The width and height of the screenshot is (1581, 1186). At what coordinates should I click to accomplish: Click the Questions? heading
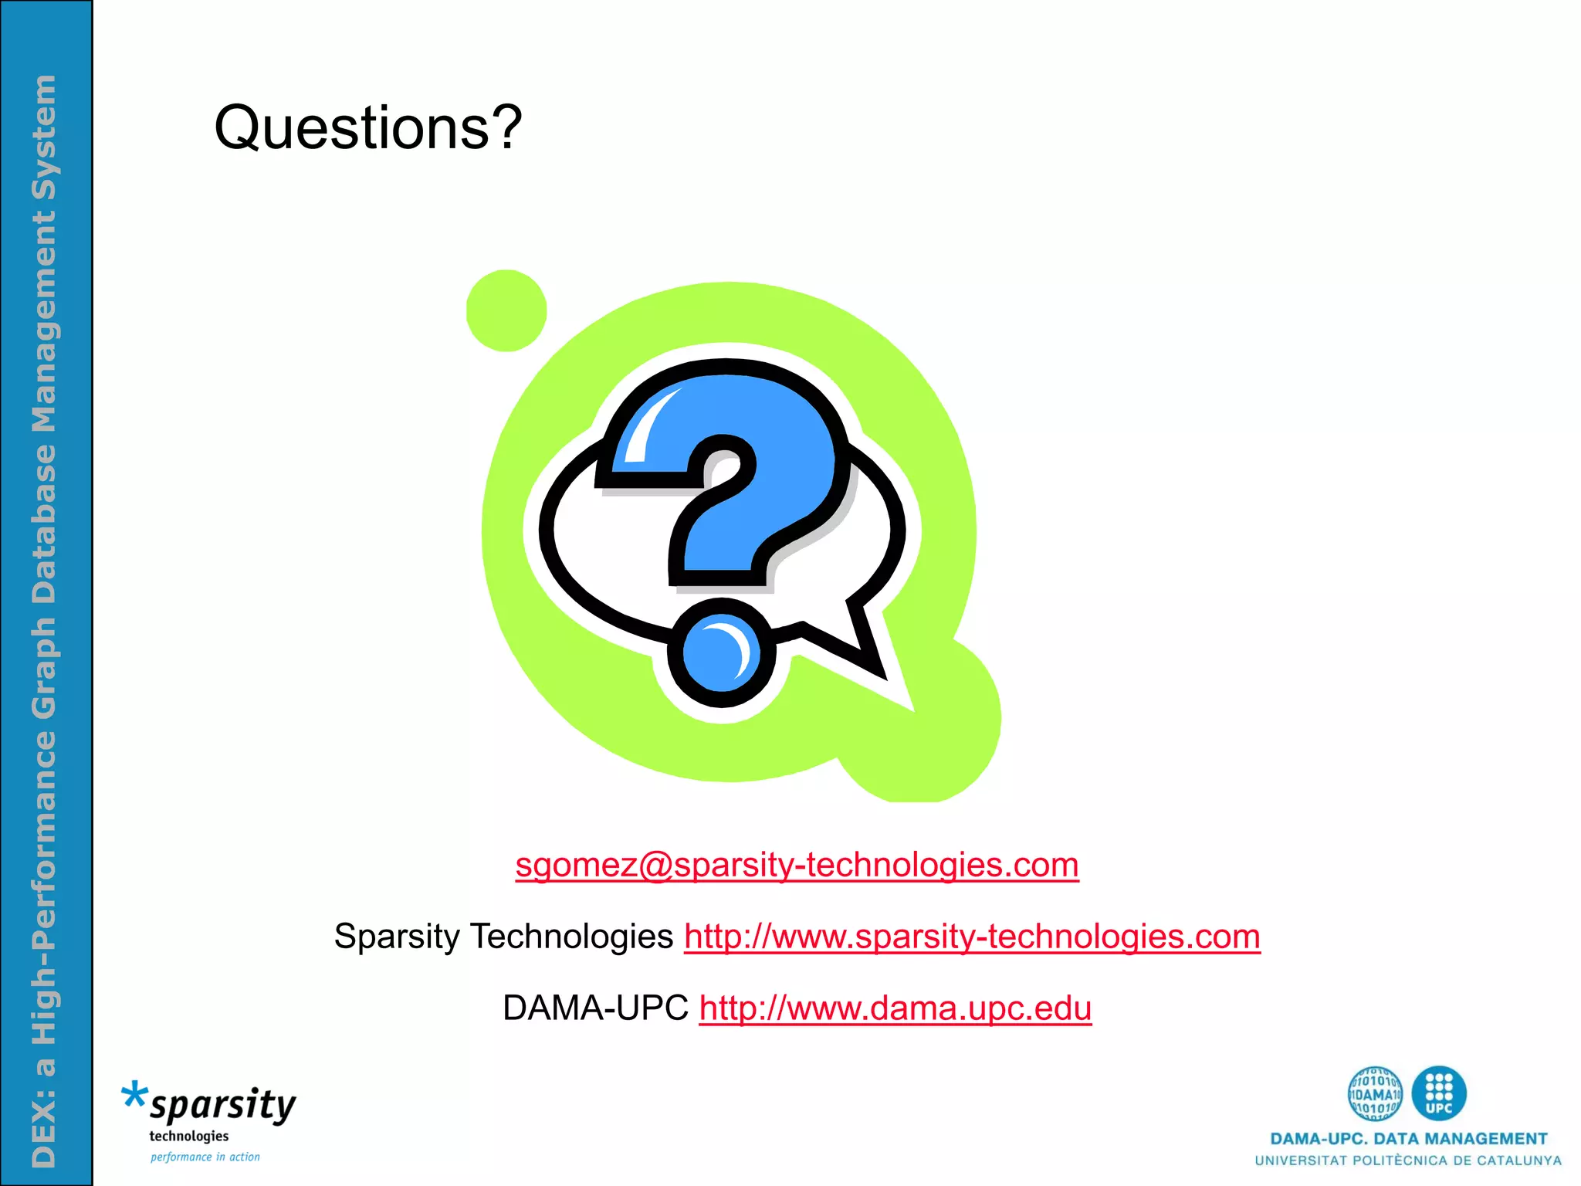click(x=368, y=128)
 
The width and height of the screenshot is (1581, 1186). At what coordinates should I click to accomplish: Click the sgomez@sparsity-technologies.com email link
click(x=797, y=865)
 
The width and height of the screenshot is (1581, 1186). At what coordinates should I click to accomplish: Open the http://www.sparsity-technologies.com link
click(x=972, y=937)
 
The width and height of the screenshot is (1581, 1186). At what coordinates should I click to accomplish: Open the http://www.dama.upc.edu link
click(x=895, y=1008)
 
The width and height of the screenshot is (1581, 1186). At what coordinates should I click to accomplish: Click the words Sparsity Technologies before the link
click(x=503, y=937)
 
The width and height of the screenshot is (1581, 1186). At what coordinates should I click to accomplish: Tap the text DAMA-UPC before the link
click(x=595, y=1008)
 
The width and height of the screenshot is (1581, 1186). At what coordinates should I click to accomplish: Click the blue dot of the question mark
click(x=721, y=653)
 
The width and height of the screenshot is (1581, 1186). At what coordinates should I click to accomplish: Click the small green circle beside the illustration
click(x=506, y=310)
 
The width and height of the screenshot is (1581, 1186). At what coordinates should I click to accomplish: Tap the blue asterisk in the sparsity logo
click(x=134, y=1096)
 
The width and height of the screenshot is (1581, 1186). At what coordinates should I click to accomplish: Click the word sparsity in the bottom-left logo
click(x=223, y=1106)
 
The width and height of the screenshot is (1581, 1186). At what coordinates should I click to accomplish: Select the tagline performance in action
click(x=205, y=1157)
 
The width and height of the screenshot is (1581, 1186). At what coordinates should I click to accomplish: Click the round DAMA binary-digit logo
click(x=1375, y=1093)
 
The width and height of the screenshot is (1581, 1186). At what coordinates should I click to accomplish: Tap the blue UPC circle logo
click(x=1439, y=1093)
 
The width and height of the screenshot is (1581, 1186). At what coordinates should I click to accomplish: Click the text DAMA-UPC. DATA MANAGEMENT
click(x=1408, y=1139)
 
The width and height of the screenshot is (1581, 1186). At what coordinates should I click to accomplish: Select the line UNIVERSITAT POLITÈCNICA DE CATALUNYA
click(x=1408, y=1161)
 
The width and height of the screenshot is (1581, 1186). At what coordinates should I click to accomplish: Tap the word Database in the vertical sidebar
click(x=44, y=524)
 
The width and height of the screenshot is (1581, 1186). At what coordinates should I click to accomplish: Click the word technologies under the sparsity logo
click(x=189, y=1136)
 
